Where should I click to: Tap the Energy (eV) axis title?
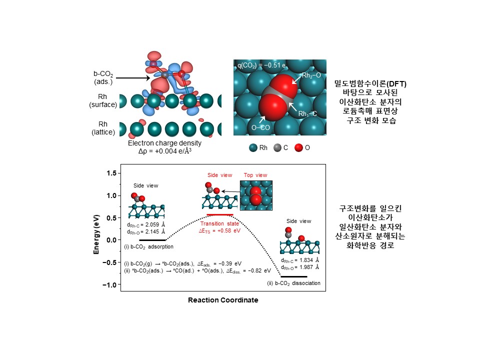[x=96, y=229]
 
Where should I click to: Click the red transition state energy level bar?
[x=219, y=214]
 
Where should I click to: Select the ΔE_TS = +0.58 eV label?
[x=220, y=231]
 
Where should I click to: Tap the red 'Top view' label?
[x=255, y=175]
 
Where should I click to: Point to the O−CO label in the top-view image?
[x=260, y=128]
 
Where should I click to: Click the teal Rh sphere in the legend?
[x=253, y=148]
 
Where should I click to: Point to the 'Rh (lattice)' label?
[x=103, y=128]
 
